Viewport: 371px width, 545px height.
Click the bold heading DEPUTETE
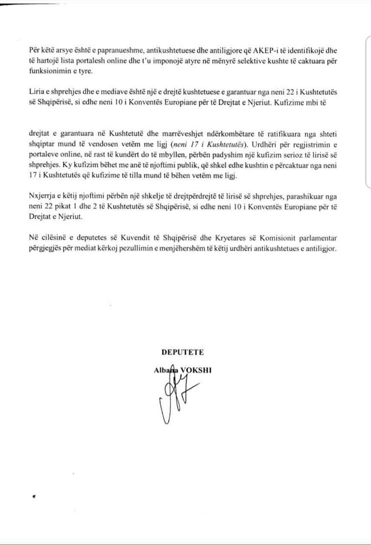point(182,352)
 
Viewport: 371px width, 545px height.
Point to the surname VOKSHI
point(196,370)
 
